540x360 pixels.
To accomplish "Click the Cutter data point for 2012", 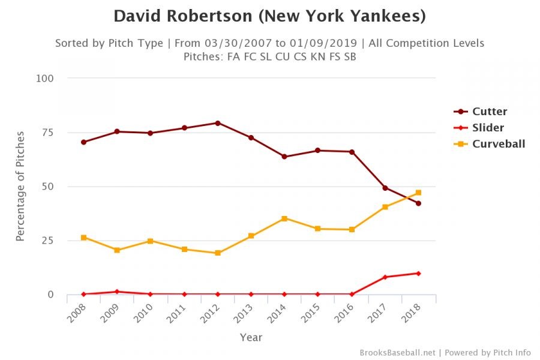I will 217,123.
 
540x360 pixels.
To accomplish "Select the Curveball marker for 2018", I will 418,193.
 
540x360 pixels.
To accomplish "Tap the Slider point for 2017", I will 385,277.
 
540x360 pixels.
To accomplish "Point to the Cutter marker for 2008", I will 83,142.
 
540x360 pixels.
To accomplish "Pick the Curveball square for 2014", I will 284,218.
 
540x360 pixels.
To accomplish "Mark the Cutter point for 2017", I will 385,188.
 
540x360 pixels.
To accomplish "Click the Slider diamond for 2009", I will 117,292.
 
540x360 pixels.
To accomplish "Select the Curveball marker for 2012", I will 217,253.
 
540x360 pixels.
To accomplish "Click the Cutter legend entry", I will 489,112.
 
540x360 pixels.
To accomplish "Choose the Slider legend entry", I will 488,128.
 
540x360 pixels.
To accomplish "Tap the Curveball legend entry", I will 498,144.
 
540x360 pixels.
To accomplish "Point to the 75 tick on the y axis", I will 47,132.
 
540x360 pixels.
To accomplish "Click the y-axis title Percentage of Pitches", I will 20,186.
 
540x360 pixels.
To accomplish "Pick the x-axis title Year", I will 251,338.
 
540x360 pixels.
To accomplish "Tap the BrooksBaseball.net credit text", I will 397,352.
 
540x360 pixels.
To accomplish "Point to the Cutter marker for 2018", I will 418,203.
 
